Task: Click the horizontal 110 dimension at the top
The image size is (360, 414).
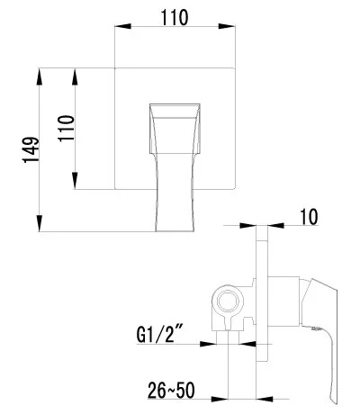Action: coord(175,18)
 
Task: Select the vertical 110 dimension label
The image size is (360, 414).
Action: coord(66,129)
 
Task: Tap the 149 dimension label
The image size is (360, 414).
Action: coord(31,150)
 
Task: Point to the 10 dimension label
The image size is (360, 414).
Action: coord(309,217)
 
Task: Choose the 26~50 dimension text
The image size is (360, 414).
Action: coord(171,391)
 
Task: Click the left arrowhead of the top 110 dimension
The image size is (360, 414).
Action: coord(123,26)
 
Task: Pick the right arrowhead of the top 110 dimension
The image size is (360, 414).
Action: coord(227,26)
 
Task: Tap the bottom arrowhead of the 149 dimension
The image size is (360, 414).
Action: coord(40,223)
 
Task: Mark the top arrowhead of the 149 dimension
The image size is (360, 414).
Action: coord(40,76)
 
